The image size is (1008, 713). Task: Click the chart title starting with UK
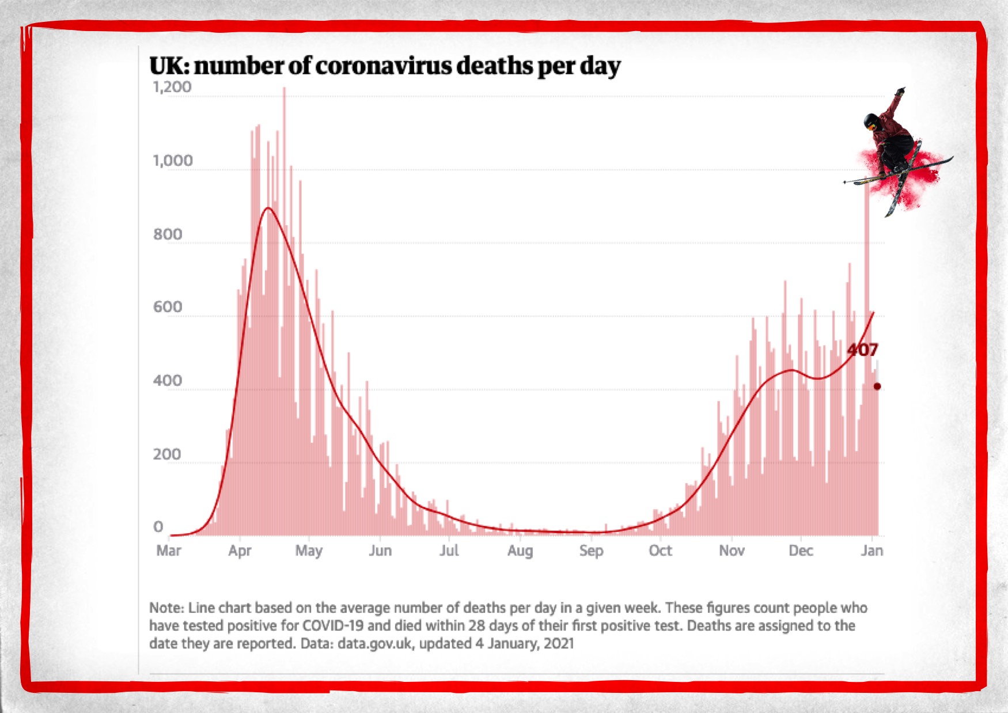coord(385,66)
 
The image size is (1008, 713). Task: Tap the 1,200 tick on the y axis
coord(172,87)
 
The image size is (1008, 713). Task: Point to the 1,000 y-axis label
coord(172,161)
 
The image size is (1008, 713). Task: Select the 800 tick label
coord(168,234)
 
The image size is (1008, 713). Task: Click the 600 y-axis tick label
coord(168,307)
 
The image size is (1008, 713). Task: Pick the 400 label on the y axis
coord(168,381)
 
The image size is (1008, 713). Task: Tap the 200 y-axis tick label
coord(167,454)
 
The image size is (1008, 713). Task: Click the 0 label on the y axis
coord(158,527)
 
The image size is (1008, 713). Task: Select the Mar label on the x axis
coord(169,551)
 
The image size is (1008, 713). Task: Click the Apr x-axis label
coord(240,551)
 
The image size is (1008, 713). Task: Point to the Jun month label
coord(380,551)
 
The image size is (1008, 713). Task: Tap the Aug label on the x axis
coord(520,551)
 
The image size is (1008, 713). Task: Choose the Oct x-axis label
coord(660,551)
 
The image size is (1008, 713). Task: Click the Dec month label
coord(801,551)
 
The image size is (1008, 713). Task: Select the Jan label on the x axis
coord(871,551)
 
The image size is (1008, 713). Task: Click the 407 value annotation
coord(862,350)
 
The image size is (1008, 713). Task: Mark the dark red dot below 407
coord(877,386)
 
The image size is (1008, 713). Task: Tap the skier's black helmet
coord(870,121)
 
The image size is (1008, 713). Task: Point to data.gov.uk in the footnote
coord(375,643)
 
